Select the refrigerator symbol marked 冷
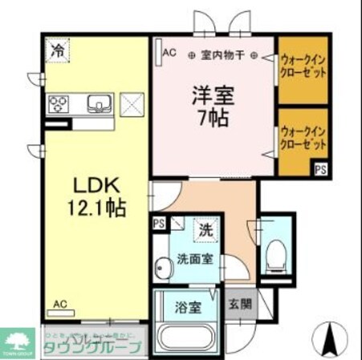point(58,51)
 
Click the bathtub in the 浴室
point(186,336)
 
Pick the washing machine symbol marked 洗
point(206,229)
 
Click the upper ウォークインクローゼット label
point(303,64)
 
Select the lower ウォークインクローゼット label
point(303,137)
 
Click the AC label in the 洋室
point(169,53)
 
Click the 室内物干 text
point(223,55)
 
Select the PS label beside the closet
point(319,169)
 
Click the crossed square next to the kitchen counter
point(132,103)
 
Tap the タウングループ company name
point(96,346)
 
